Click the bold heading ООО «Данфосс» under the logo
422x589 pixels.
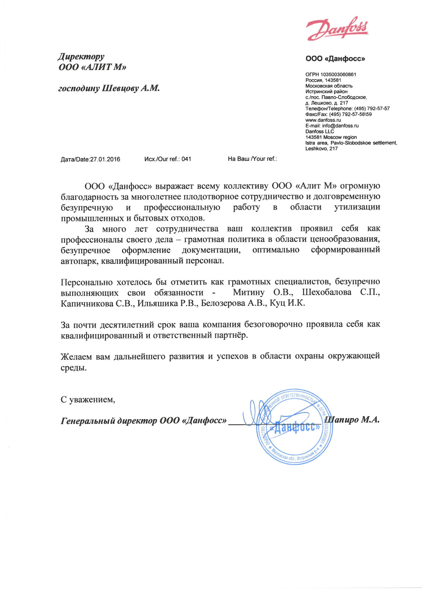(335, 59)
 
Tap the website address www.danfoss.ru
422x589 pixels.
(323, 120)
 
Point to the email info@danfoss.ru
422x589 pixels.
(340, 126)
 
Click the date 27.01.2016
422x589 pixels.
(105, 159)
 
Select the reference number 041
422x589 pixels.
(186, 159)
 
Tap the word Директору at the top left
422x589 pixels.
(81, 57)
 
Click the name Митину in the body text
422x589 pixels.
(248, 293)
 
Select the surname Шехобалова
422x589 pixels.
(326, 293)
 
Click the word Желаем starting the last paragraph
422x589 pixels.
(76, 356)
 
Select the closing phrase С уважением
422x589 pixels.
(88, 400)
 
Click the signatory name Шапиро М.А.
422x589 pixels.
(352, 420)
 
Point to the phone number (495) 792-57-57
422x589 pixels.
(372, 109)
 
